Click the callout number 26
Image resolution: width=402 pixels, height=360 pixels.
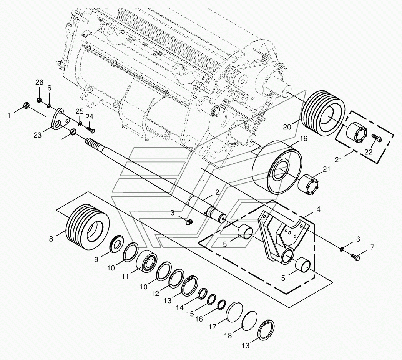(x=39, y=82)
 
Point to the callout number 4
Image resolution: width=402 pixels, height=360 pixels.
(x=318, y=210)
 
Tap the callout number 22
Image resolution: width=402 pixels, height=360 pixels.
(x=368, y=152)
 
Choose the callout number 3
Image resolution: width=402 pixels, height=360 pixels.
(x=173, y=212)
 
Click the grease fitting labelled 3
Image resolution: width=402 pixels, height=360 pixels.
(x=189, y=222)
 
